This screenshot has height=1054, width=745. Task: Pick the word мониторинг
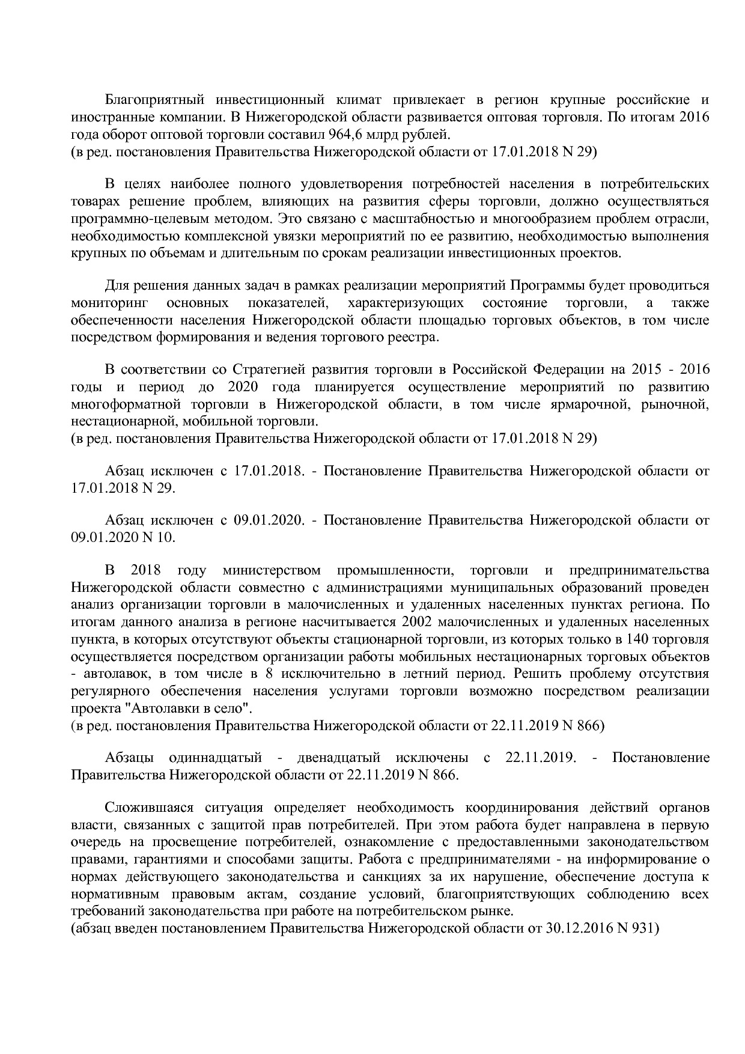pyautogui.click(x=110, y=302)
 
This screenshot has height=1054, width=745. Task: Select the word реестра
pyautogui.click(x=418, y=337)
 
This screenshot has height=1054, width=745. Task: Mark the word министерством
pyautogui.click(x=271, y=570)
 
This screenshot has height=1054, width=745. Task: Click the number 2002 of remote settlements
pyautogui.click(x=421, y=621)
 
